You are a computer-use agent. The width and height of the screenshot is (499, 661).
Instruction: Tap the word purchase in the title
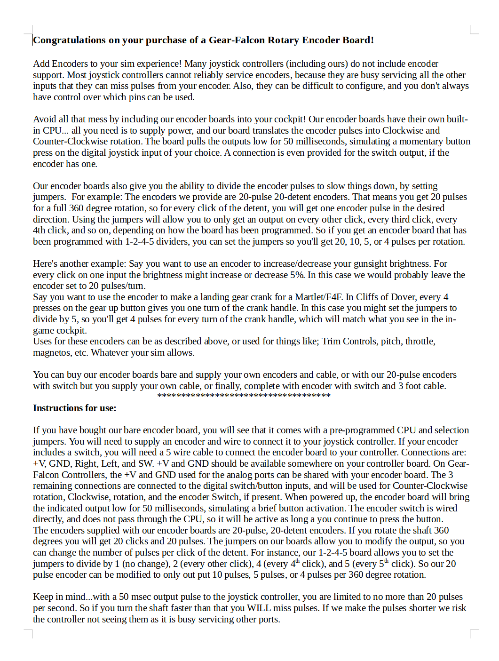pos(168,40)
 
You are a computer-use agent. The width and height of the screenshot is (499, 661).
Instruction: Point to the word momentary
pos(420,142)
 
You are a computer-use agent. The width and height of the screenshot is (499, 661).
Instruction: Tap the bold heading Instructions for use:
pos(75,408)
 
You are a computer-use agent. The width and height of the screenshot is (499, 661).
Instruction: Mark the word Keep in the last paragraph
pos(42,597)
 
